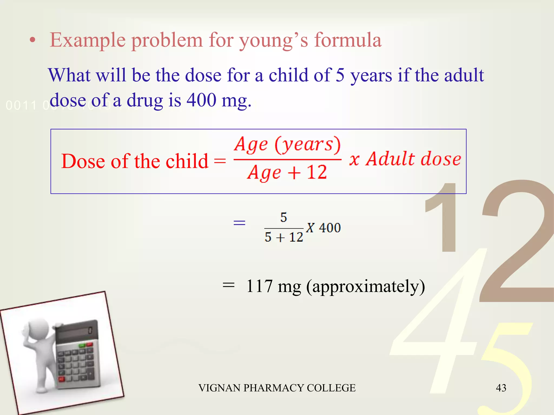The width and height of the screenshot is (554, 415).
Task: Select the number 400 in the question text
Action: pos(201,100)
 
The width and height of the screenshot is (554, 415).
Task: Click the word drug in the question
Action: pos(145,100)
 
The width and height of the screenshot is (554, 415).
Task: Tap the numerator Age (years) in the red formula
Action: pos(287,145)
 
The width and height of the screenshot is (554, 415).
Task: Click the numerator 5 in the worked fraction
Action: pos(283,217)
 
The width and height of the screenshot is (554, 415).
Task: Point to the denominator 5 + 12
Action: pos(283,237)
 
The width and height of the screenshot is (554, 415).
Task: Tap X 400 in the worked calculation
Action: pos(323,228)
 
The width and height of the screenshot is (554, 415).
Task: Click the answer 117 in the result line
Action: pos(259,286)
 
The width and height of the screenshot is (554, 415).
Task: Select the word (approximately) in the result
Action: pos(365,287)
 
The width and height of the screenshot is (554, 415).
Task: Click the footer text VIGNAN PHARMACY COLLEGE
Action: pos(277,388)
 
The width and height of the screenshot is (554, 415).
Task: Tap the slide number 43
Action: pos(501,388)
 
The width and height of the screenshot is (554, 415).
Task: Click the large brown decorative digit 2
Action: pos(514,243)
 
